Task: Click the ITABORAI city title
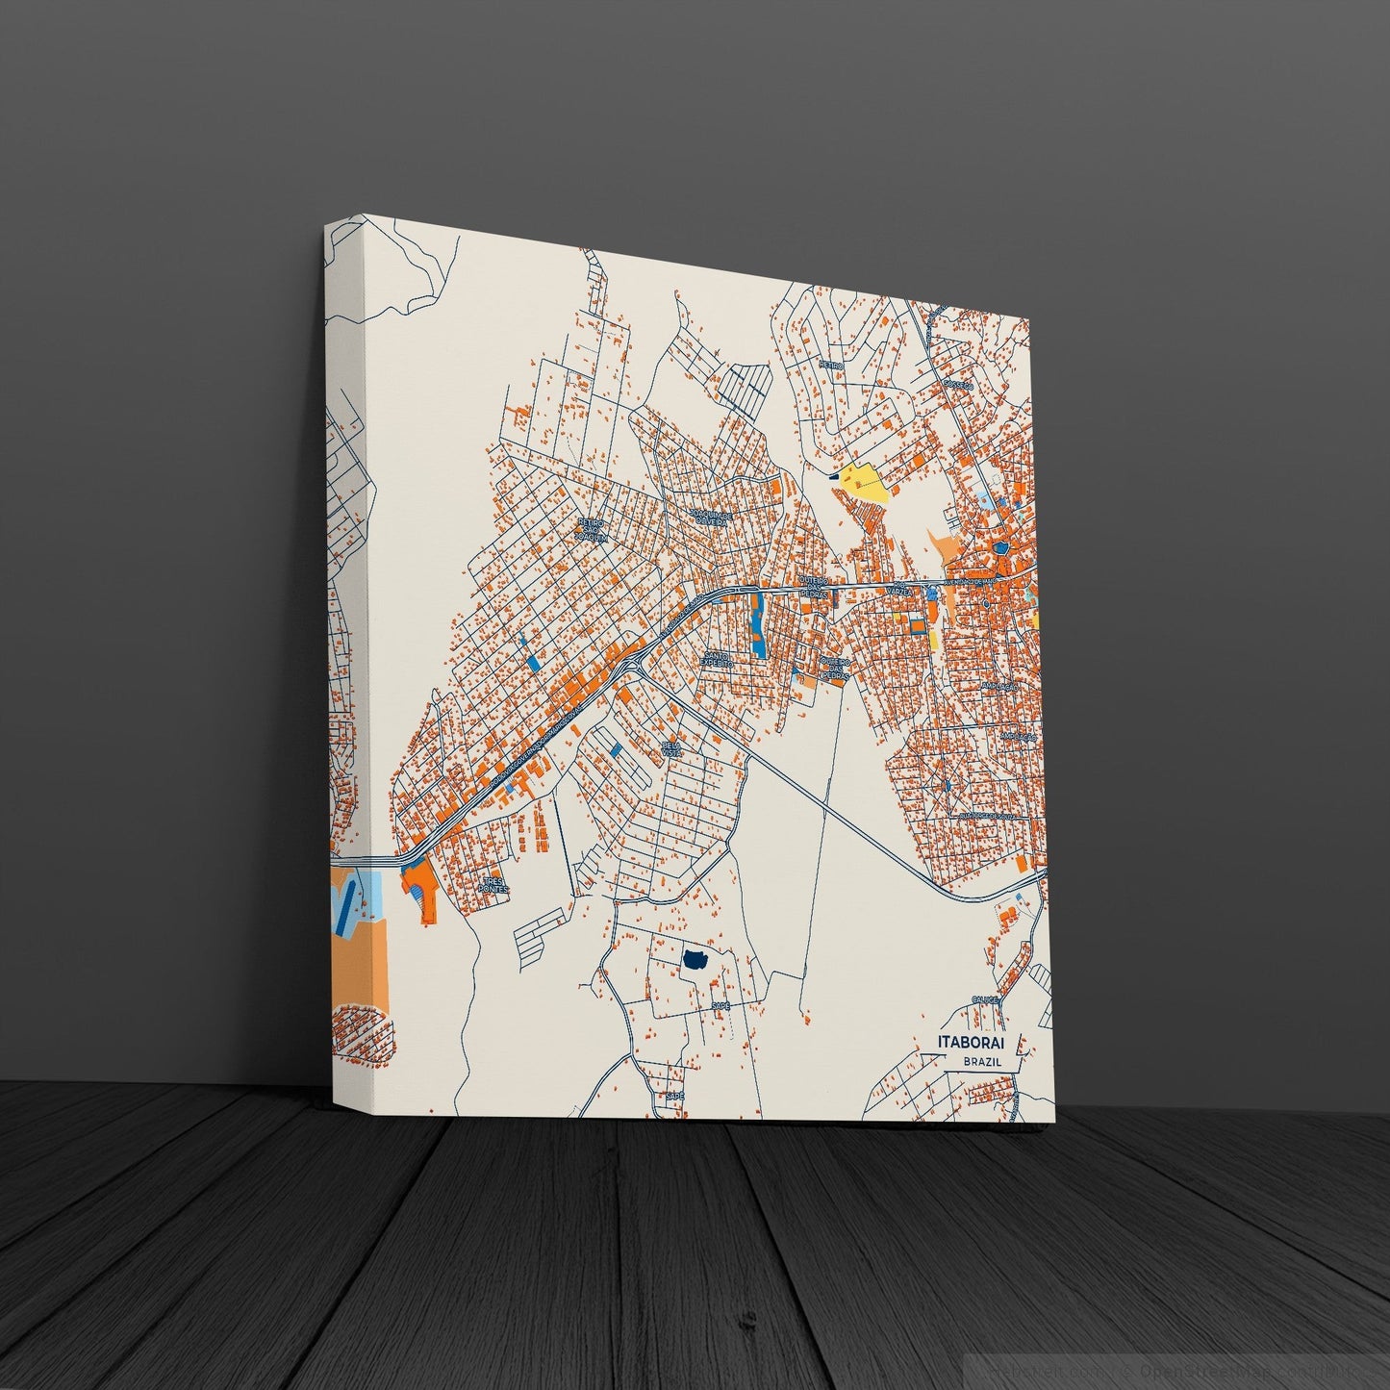pos(976,1043)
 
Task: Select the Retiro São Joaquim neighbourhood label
pos(594,530)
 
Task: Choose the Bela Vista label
pos(671,748)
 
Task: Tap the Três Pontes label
pos(493,884)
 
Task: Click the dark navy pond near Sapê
pos(695,959)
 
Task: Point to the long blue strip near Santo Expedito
pos(758,626)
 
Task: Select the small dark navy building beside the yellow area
pos(832,473)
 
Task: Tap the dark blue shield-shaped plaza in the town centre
pos(1003,547)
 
